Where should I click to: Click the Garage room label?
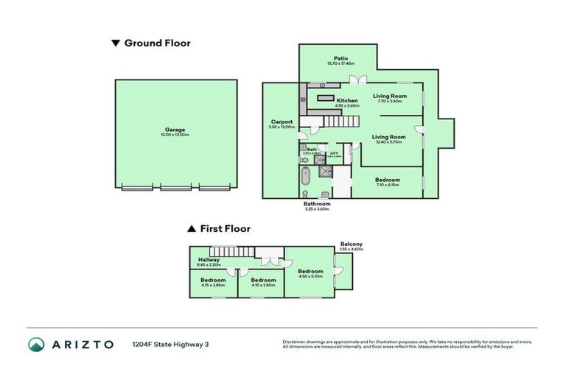pyautogui.click(x=175, y=130)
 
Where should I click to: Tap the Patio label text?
pyautogui.click(x=340, y=58)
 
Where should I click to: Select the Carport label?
pyautogui.click(x=282, y=121)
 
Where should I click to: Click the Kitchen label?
pyautogui.click(x=347, y=100)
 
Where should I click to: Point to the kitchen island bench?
pyautogui.click(x=326, y=96)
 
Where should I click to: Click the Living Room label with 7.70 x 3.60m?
pyautogui.click(x=389, y=96)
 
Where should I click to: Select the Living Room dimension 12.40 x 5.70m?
pyautogui.click(x=389, y=142)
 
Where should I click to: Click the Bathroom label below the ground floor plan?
pyautogui.click(x=317, y=203)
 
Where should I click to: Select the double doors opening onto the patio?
pyautogui.click(x=358, y=80)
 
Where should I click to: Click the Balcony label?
pyautogui.click(x=351, y=244)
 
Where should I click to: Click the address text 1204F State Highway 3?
pyautogui.click(x=170, y=344)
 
